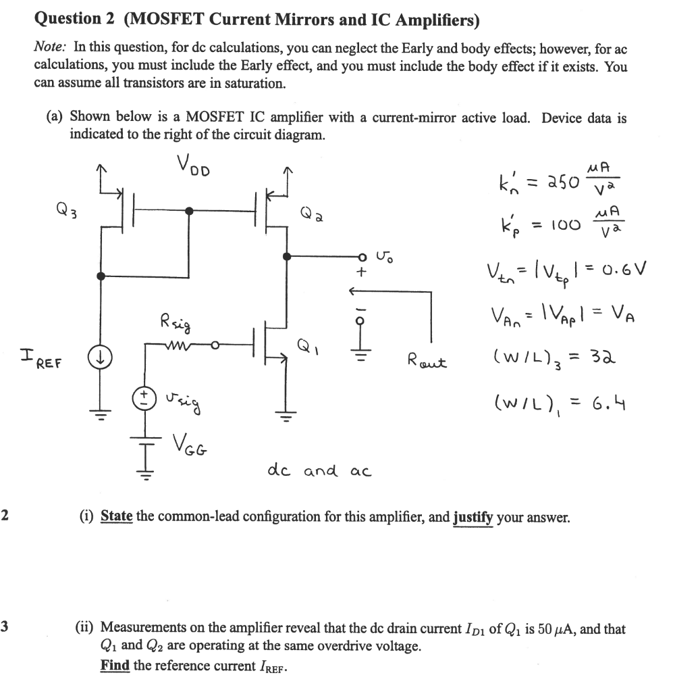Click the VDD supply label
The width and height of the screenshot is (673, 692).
point(194,165)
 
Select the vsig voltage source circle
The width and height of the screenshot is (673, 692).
point(143,397)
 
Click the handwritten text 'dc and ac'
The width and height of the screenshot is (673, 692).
point(319,470)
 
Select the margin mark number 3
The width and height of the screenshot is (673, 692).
point(5,628)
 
